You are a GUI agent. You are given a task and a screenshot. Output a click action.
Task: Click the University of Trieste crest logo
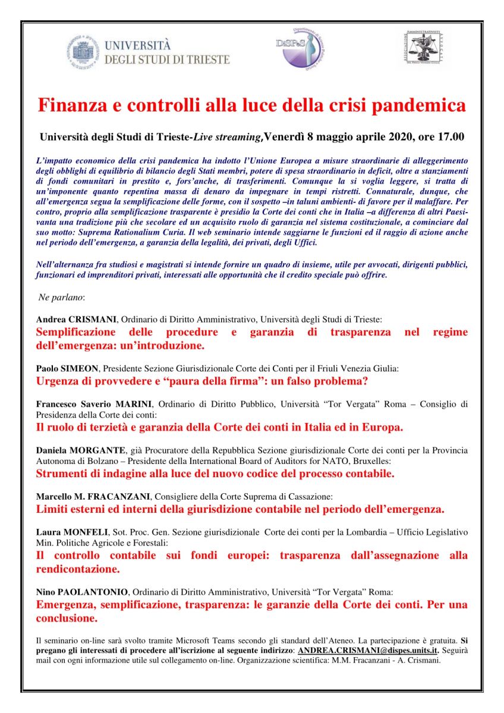[x=86, y=52]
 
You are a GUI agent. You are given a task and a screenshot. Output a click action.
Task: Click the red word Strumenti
[x=62, y=474]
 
